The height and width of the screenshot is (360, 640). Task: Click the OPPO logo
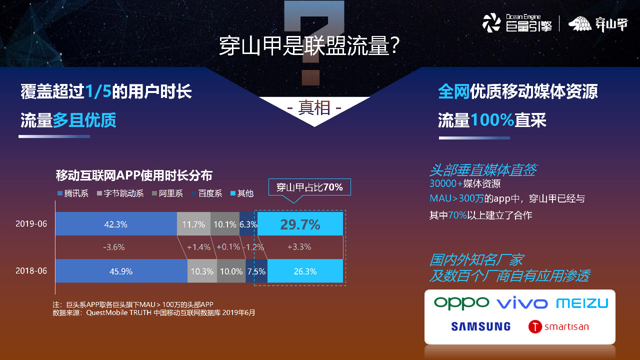(461, 303)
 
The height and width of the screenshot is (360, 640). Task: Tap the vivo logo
(522, 303)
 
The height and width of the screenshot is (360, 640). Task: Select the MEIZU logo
(582, 303)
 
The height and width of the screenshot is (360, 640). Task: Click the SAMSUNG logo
(480, 326)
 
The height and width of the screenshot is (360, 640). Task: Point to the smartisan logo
(558, 327)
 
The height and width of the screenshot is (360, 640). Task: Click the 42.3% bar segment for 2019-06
(116, 224)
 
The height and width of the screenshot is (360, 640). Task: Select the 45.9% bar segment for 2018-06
(121, 271)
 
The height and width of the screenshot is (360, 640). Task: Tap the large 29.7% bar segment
(300, 224)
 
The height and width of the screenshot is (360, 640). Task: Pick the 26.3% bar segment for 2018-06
(305, 271)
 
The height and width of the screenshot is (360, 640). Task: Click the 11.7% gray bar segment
(193, 224)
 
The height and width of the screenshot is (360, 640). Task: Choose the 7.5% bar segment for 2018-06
(256, 271)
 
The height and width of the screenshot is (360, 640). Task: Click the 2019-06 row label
(31, 223)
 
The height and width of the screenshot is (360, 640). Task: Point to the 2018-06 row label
(31, 270)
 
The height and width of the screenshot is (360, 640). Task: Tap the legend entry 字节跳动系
(120, 193)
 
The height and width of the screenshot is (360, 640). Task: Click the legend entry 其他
(242, 193)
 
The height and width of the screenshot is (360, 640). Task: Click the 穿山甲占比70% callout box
(309, 187)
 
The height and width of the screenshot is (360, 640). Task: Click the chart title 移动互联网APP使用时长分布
(134, 175)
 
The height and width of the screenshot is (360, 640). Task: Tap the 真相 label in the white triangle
(314, 107)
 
